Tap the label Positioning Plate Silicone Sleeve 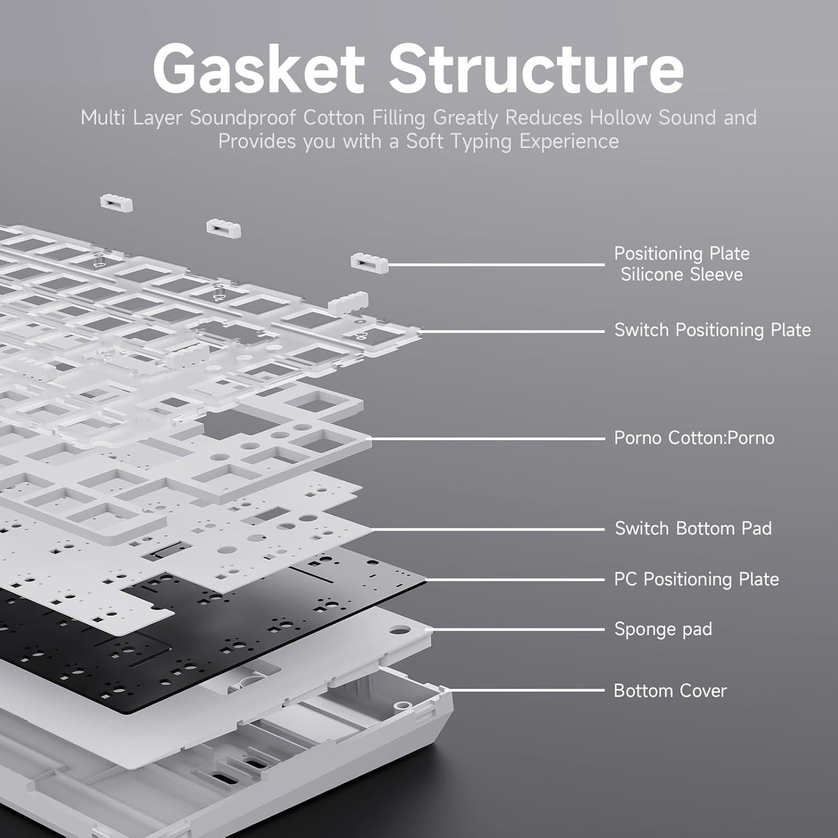click(682, 264)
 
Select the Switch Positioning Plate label click(712, 330)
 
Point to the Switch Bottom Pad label click(693, 528)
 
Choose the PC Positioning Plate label click(696, 579)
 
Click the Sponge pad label click(663, 630)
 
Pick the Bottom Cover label click(670, 691)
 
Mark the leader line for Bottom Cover click(525, 691)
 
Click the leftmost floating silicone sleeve click(117, 202)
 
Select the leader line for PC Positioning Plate click(514, 580)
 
